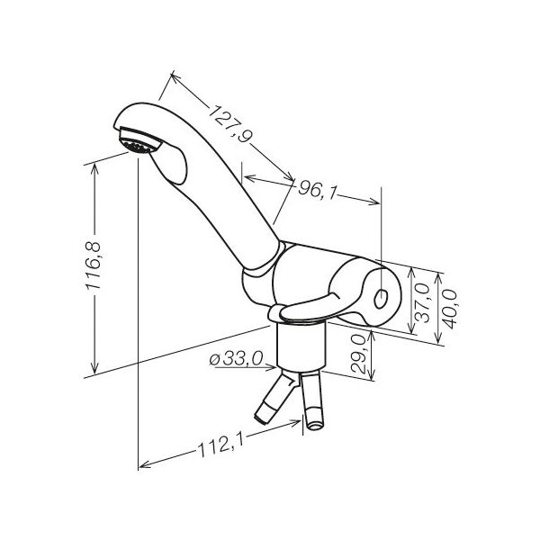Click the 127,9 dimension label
pos(229,123)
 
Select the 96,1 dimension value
pos(316,190)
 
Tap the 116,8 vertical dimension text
pos(94,265)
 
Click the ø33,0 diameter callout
pos(236,359)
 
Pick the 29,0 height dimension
pos(358,354)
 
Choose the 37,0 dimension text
pos(423,302)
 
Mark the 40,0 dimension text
pos(450,309)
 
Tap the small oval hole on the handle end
pos(381,299)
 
